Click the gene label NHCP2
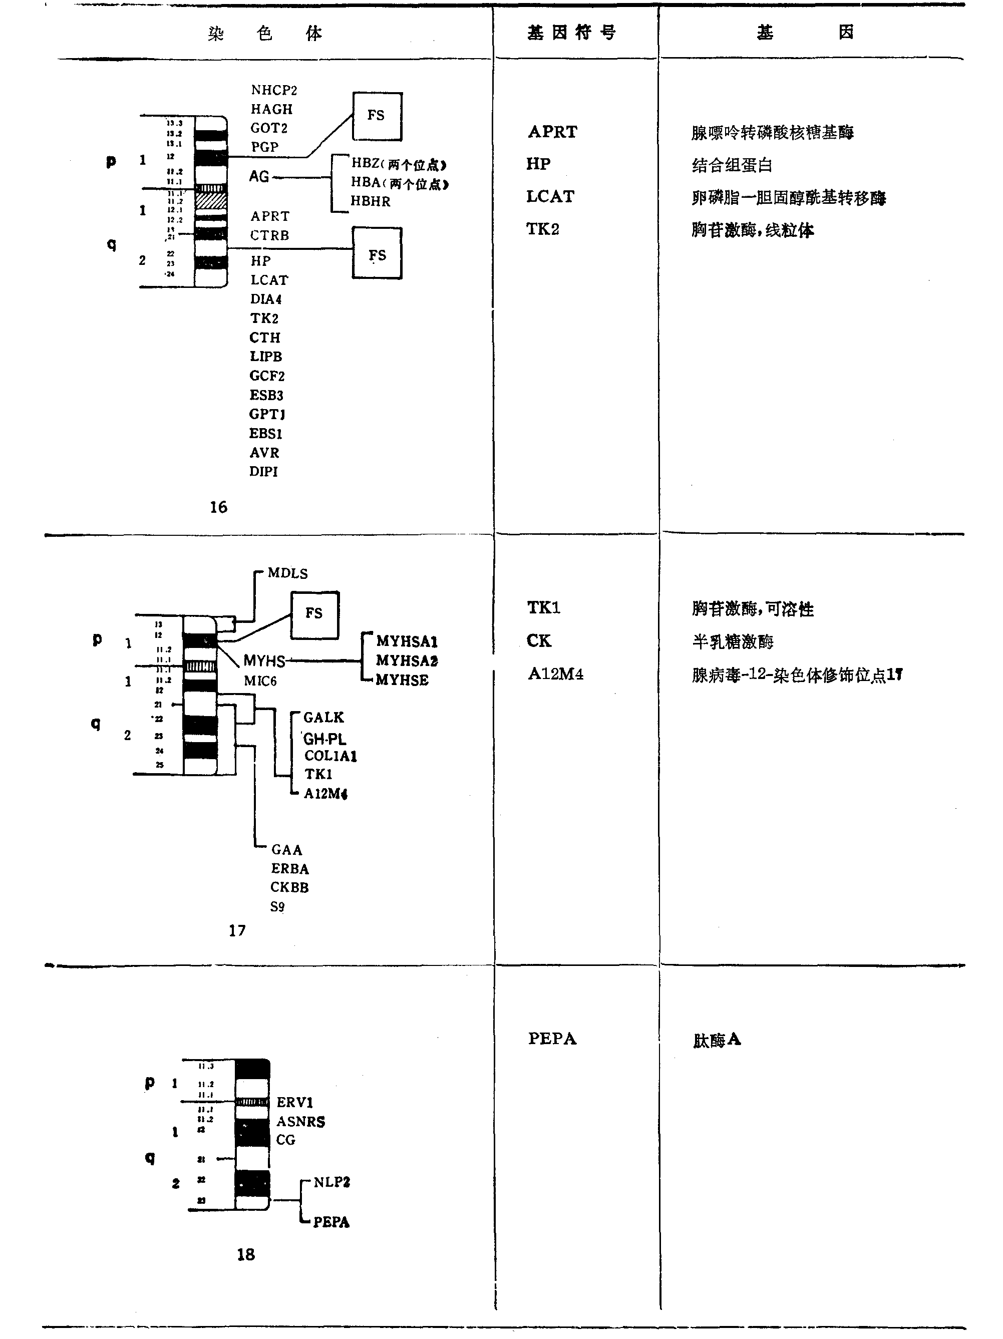(273, 90)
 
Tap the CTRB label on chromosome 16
(269, 235)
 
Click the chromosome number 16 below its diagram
(218, 507)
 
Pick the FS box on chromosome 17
(314, 614)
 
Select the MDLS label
(287, 573)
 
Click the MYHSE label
(402, 680)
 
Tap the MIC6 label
(260, 681)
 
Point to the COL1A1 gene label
(330, 756)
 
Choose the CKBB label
(289, 887)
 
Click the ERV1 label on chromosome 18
(295, 1102)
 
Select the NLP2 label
(331, 1182)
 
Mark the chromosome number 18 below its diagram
(246, 1255)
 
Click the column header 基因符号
(571, 33)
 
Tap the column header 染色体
(265, 33)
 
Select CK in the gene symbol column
(539, 641)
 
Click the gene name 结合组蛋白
(732, 165)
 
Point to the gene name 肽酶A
(717, 1040)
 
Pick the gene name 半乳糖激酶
(733, 641)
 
